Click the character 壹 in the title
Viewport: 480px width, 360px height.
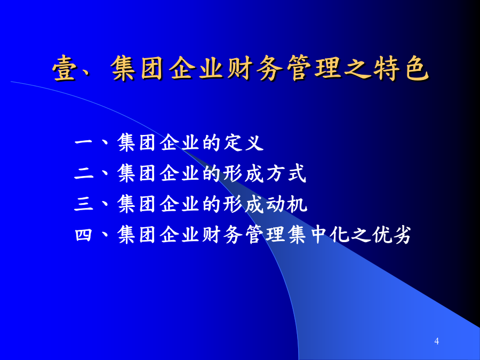tap(65, 68)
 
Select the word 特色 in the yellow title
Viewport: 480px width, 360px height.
tap(401, 68)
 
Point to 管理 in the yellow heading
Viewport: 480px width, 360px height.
tap(314, 68)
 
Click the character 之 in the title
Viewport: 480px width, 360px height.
tap(357, 68)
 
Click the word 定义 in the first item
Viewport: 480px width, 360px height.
tap(244, 142)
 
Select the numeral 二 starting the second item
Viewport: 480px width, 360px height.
tap(84, 173)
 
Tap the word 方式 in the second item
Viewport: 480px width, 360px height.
tap(286, 173)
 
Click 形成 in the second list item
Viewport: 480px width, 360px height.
tap(243, 173)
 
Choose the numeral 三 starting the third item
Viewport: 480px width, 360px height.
tap(84, 204)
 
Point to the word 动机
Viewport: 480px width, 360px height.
tap(286, 204)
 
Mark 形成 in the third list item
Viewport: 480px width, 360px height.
tap(243, 204)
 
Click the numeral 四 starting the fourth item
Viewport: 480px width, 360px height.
tap(84, 235)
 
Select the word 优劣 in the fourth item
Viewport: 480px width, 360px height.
tap(391, 235)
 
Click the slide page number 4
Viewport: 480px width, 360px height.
tap(436, 341)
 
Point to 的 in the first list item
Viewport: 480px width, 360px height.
tap(212, 142)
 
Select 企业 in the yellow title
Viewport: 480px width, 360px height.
tap(196, 68)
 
